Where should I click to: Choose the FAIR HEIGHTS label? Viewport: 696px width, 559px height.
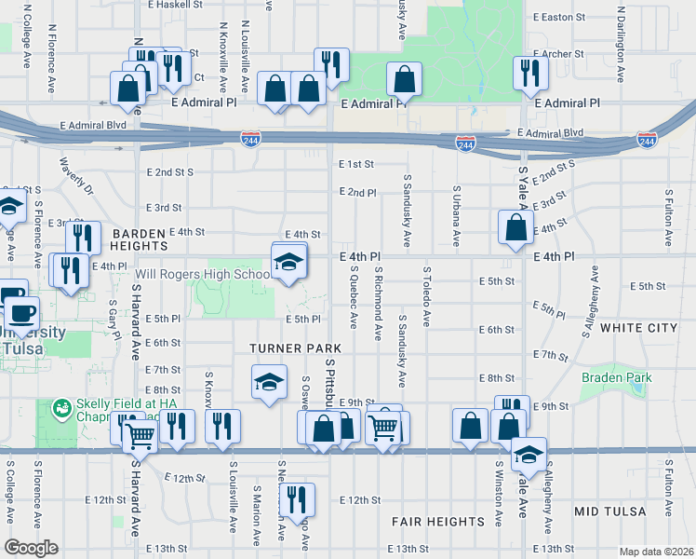click(438, 521)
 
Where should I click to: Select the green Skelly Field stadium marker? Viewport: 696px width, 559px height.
click(61, 408)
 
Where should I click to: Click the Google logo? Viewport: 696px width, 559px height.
click(31, 548)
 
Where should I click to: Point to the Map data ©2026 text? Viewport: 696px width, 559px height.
click(655, 552)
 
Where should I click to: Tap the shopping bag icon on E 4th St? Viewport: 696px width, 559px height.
click(515, 227)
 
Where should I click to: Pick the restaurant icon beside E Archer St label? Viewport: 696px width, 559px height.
click(529, 73)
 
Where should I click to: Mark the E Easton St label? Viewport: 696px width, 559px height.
click(558, 17)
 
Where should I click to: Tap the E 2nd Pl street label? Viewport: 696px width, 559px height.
click(357, 192)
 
